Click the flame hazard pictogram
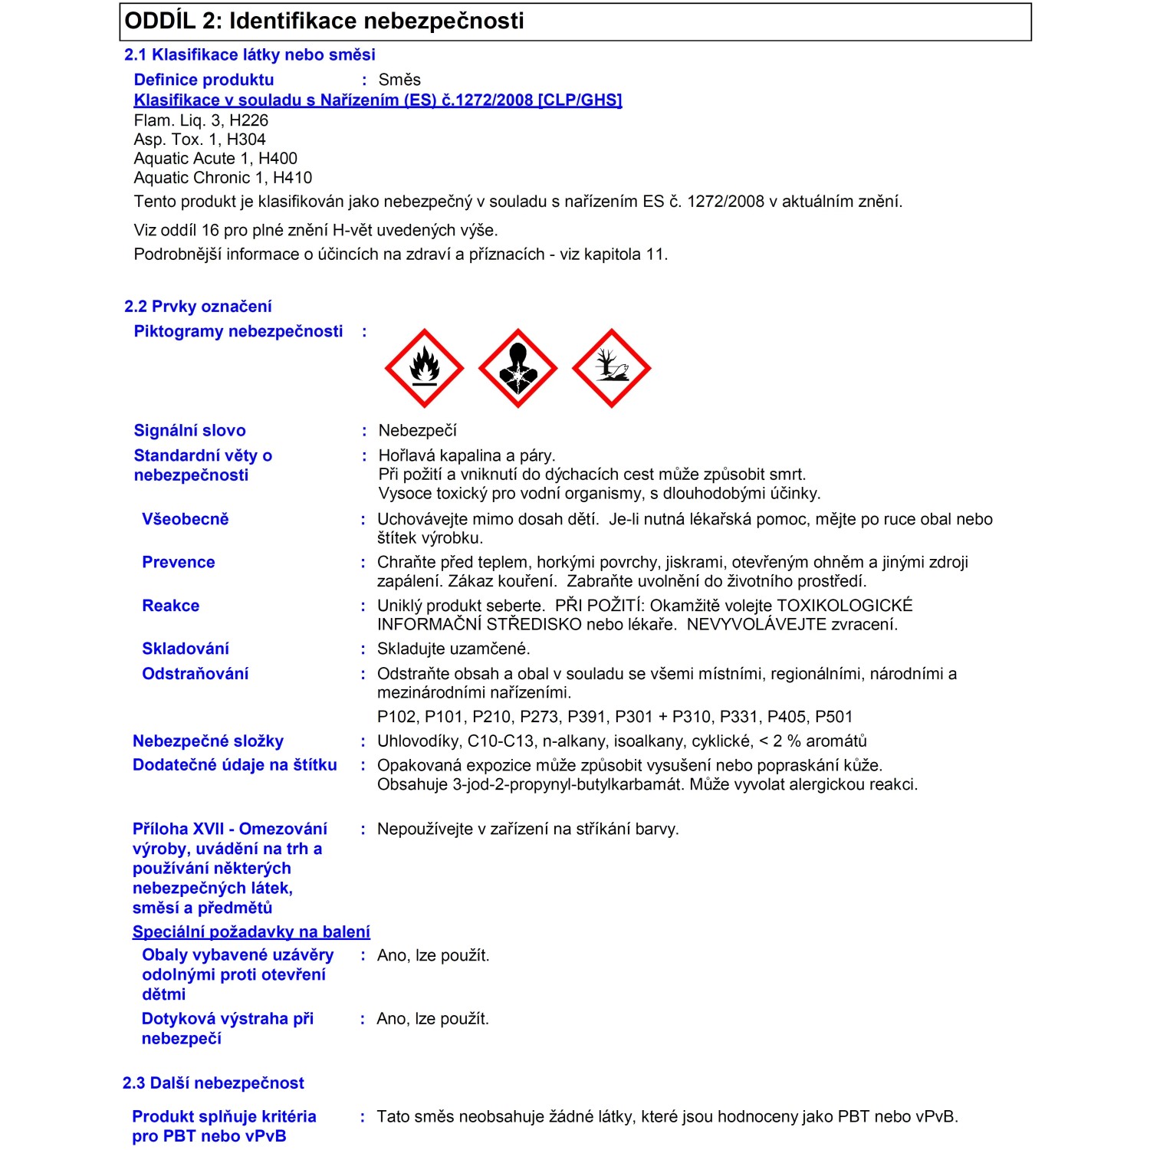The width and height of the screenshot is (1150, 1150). [424, 368]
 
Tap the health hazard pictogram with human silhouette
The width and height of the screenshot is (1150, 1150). [517, 368]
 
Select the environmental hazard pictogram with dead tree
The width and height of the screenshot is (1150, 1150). [611, 368]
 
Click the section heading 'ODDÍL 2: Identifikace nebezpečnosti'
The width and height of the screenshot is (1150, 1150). [324, 21]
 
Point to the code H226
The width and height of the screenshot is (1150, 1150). [249, 120]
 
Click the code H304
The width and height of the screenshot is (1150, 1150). [246, 140]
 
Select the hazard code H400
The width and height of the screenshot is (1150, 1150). [278, 159]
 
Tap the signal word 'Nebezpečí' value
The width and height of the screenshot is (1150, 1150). [417, 431]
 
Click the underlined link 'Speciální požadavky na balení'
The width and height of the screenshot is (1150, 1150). [251, 932]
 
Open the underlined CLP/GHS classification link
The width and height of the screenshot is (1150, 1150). [378, 100]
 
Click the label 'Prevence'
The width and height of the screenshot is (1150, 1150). [179, 563]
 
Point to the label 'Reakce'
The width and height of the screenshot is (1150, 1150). [171, 606]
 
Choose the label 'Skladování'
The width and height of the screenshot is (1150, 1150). [186, 649]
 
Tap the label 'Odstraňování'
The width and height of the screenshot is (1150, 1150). [195, 674]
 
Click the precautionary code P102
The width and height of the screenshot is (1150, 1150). [397, 717]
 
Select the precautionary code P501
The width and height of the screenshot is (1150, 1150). [834, 717]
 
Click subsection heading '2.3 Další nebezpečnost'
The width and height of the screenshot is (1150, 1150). [213, 1083]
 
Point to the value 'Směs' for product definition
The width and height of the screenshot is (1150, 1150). [399, 80]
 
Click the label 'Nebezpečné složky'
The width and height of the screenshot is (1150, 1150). [208, 741]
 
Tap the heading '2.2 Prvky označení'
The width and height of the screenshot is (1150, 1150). [198, 307]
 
